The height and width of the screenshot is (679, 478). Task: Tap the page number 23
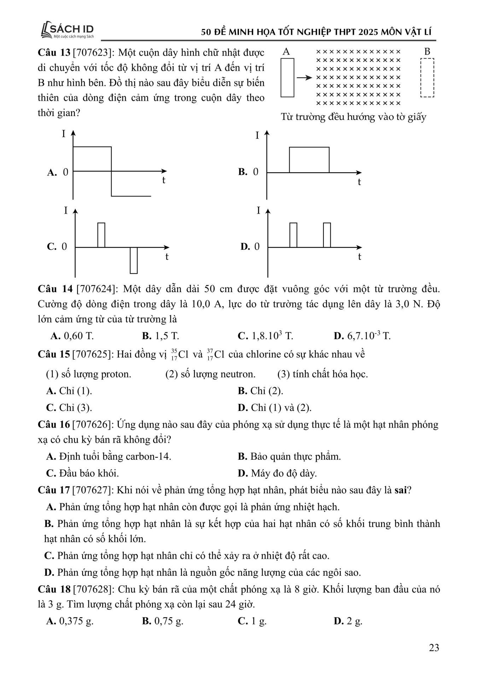coord(434,648)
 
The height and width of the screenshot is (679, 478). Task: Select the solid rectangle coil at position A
coord(287,77)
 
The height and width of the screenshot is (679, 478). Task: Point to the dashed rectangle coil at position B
coord(427,77)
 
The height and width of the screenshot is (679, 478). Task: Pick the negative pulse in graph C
coord(134,260)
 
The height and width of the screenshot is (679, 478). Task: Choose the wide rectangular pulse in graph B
coord(309,159)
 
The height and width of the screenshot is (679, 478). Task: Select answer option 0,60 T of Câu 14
coord(72,336)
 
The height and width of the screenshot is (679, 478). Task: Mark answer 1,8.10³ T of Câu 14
coord(266,336)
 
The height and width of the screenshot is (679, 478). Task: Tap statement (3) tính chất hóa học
coord(322,374)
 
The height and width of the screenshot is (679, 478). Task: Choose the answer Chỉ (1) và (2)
coord(275,408)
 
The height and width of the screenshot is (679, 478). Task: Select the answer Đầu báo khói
coord(83,473)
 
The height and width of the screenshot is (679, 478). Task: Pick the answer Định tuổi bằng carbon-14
coord(109,457)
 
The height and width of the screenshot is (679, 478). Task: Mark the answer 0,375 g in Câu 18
coord(70,621)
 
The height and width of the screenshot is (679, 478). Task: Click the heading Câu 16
coord(54,424)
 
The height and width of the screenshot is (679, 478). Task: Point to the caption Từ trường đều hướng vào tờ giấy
coord(354,117)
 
